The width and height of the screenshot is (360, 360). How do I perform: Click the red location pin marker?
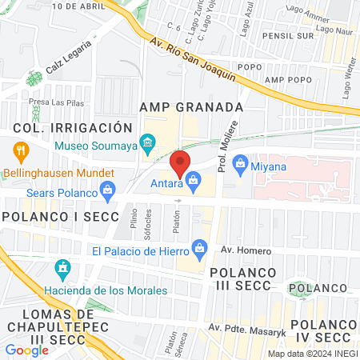tap(181, 163)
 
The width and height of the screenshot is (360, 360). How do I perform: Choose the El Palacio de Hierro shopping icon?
tap(198, 250)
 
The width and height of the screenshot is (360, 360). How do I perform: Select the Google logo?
tap(26, 350)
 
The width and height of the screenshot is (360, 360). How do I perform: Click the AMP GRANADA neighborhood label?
tap(190, 107)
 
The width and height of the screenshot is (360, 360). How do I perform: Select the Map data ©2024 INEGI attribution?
tap(311, 353)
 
